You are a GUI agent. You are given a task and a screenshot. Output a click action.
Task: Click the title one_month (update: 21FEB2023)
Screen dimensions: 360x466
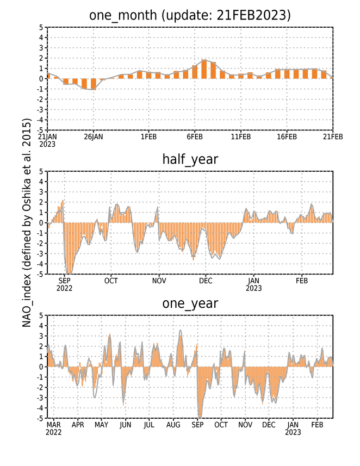coord(190,15)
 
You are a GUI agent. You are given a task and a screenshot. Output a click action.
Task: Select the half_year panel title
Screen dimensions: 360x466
coord(190,160)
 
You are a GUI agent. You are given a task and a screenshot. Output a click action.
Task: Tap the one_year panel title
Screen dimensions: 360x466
coord(190,304)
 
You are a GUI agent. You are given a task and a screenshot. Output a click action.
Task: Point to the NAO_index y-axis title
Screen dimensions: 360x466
coord(27,223)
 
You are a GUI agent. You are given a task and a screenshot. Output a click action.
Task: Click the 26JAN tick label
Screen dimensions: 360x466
coord(94,136)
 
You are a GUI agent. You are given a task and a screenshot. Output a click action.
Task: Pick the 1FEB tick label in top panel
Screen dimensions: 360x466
coord(148,136)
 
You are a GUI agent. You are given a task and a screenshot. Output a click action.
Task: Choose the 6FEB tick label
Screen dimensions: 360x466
coord(195,136)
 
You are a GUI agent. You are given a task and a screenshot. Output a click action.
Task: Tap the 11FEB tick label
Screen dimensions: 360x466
coord(241,136)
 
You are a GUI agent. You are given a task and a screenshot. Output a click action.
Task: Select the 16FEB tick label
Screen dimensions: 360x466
coord(287,136)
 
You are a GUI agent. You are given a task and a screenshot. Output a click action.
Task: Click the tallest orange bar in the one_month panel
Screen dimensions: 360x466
coord(204,69)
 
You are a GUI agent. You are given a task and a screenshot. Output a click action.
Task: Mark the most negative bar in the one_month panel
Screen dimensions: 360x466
coord(94,84)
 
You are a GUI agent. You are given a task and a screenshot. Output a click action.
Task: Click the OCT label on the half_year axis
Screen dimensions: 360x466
coord(111,281)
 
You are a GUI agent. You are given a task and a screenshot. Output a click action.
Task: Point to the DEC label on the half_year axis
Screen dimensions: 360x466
coord(206,281)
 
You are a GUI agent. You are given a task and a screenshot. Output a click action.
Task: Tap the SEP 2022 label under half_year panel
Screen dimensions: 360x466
coord(65,284)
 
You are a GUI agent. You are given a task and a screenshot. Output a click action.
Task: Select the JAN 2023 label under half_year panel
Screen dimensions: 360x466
coord(253,284)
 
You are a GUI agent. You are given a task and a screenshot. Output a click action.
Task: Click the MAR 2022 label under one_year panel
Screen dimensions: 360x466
coord(53,428)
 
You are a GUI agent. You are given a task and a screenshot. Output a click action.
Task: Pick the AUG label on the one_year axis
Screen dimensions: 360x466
coord(173,425)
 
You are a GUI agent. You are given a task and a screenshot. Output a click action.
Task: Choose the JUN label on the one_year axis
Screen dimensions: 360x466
coord(126,425)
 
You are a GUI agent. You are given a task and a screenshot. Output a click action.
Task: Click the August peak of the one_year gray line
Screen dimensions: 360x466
coord(181,330)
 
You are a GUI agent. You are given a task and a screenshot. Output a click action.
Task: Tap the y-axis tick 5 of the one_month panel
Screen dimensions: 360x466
coord(41,27)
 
